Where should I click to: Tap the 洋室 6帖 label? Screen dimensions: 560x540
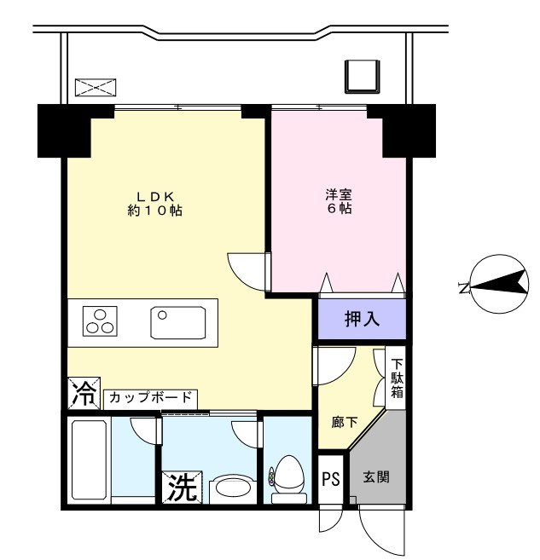pos(339,201)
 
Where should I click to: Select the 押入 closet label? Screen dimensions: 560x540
pos(362,320)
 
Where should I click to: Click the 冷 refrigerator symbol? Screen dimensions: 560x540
pos(84,393)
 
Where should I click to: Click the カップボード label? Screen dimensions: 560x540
pos(151,397)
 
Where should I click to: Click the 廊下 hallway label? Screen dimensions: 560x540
pos(345,420)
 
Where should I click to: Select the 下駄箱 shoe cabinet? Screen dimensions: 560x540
pos(398,378)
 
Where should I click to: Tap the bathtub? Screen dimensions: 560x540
pos(89,459)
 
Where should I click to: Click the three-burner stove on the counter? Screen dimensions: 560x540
pos(100,321)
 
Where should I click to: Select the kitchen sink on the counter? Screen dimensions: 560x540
pos(178,322)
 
